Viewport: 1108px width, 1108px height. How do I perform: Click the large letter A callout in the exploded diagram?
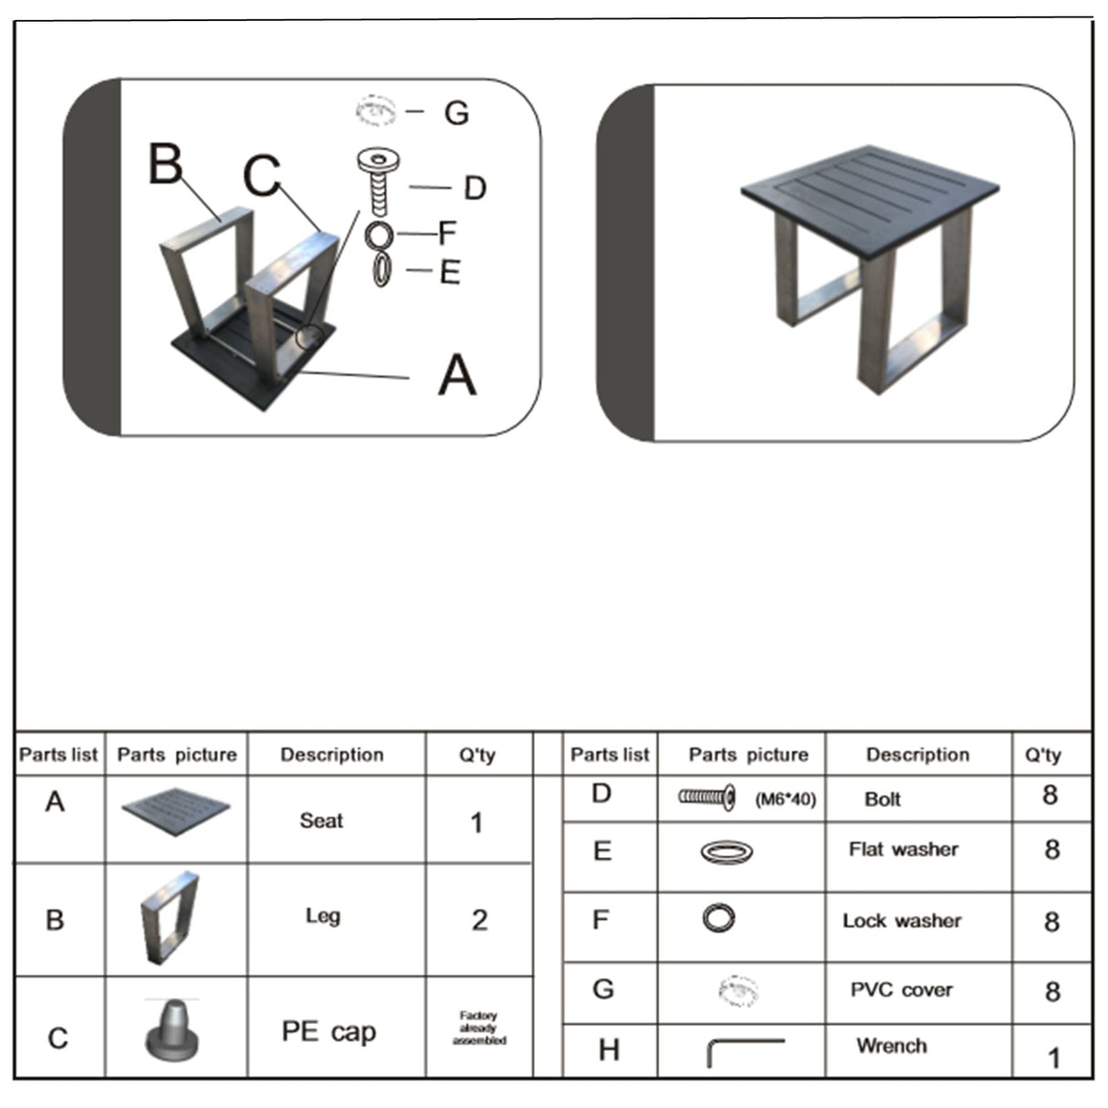(x=457, y=375)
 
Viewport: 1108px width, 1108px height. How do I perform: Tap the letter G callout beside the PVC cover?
(x=456, y=113)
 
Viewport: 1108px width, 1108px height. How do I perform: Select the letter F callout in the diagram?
(x=446, y=233)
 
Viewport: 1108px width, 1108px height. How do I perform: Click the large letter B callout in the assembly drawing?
(x=166, y=164)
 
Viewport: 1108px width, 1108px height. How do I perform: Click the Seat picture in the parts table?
(x=176, y=817)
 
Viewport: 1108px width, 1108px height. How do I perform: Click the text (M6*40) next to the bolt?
(x=785, y=800)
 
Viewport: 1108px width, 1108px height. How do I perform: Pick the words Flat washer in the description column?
(x=903, y=850)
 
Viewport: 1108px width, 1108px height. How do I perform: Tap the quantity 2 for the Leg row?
(x=479, y=920)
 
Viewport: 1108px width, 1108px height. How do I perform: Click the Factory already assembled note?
(x=479, y=1028)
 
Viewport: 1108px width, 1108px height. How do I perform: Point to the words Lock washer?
(x=902, y=921)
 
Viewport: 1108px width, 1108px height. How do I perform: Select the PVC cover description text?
(x=901, y=990)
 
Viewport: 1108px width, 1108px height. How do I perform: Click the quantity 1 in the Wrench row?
(x=1053, y=1058)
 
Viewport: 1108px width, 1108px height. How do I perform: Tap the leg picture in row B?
(x=170, y=917)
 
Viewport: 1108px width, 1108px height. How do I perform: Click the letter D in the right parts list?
(x=601, y=793)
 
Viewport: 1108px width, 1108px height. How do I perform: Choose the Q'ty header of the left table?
(x=477, y=755)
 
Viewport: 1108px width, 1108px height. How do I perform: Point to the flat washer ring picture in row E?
(x=726, y=852)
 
